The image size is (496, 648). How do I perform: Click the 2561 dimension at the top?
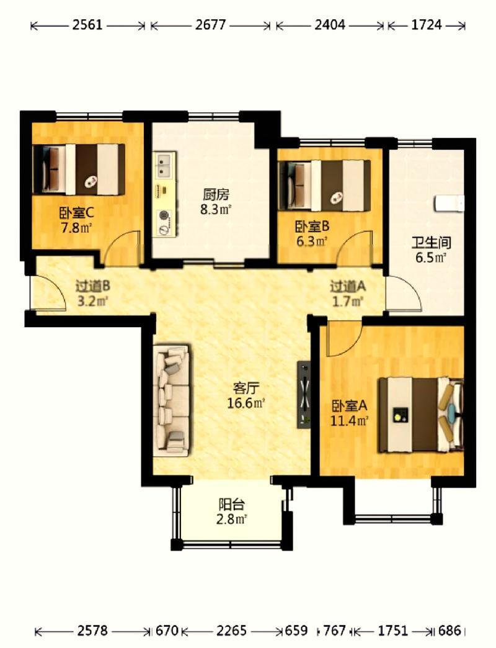pyautogui.click(x=87, y=25)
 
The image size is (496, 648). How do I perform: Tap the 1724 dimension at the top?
pyautogui.click(x=427, y=25)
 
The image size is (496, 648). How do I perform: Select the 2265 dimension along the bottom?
pyautogui.click(x=231, y=630)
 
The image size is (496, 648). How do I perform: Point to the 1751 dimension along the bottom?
pyautogui.click(x=392, y=630)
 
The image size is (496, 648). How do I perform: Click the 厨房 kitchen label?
pyautogui.click(x=215, y=194)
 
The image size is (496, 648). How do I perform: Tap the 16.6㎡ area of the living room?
pyautogui.click(x=246, y=403)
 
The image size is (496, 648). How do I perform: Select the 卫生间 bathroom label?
pyautogui.click(x=431, y=242)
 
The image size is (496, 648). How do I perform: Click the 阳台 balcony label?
pyautogui.click(x=231, y=505)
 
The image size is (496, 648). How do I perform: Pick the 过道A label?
pyautogui.click(x=347, y=286)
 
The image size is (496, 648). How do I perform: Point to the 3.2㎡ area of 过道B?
pyautogui.click(x=92, y=301)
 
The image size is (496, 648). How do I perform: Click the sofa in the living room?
pyautogui.click(x=172, y=401)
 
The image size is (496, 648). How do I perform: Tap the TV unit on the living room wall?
pyautogui.click(x=304, y=394)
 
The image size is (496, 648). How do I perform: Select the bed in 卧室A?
pyautogui.click(x=422, y=415)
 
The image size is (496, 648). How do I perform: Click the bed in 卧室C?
pyautogui.click(x=78, y=169)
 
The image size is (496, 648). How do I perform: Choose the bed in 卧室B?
pyautogui.click(x=324, y=185)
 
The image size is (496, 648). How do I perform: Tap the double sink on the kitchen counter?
pyautogui.click(x=165, y=165)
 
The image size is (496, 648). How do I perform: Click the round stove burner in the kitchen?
pyautogui.click(x=164, y=215)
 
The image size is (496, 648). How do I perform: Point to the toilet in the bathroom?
pyautogui.click(x=449, y=203)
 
